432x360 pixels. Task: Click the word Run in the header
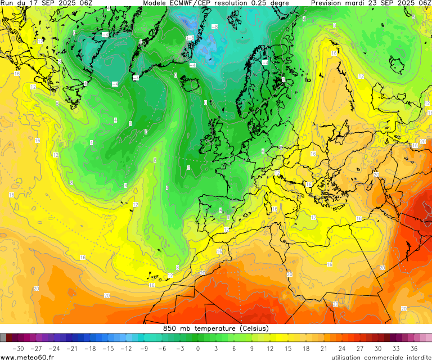[x=7, y=3]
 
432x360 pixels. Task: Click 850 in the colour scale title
[x=169, y=328]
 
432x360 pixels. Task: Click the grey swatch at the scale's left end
[x=3, y=337]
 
